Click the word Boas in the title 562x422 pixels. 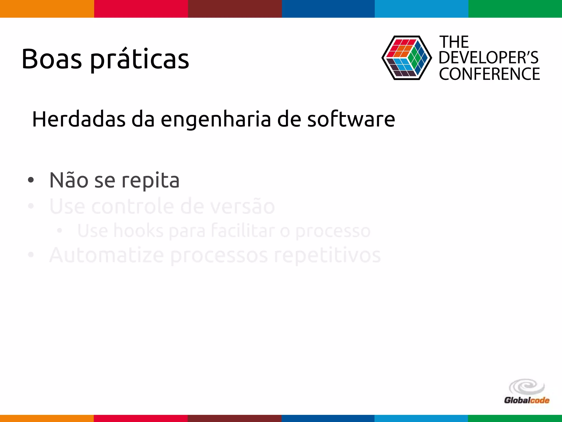coord(52,59)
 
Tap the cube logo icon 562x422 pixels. coord(406,58)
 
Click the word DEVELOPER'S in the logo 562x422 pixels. coord(489,58)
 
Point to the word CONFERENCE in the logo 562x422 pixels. coord(489,74)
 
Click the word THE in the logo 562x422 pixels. coord(454,42)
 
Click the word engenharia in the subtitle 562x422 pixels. coord(216,120)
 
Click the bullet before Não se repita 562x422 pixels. coord(31,180)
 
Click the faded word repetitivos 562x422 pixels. coord(327,256)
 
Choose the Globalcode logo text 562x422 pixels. coord(527,400)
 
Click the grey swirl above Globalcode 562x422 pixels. coord(527,387)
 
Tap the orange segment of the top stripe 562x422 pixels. coord(47,9)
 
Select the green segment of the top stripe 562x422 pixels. coord(515,9)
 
